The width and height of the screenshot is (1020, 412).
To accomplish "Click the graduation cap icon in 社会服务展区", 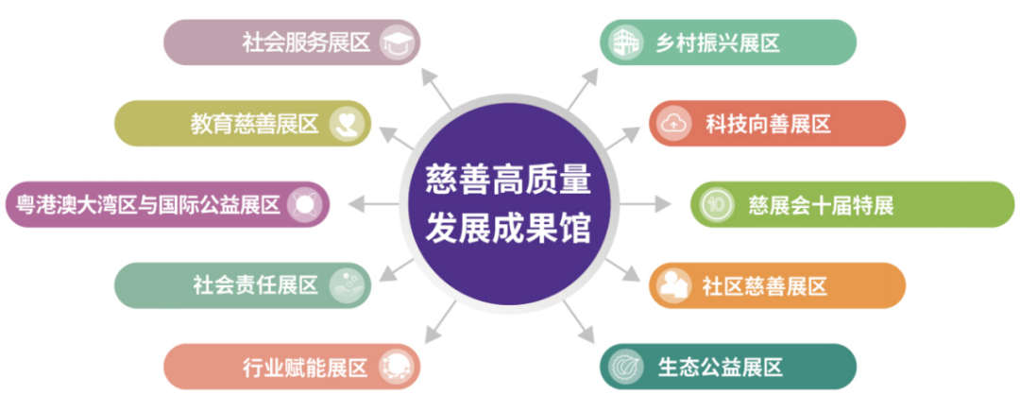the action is [395, 43].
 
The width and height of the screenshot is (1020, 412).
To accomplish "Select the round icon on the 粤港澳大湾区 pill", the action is [305, 203].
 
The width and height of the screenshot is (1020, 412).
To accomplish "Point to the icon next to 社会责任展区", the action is [346, 285].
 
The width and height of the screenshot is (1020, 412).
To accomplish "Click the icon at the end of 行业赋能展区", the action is [396, 367].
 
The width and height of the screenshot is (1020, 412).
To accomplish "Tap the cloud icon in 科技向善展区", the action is [674, 123].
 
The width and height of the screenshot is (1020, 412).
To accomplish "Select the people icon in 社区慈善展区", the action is [674, 285].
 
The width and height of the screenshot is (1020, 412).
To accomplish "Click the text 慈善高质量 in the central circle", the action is [508, 178].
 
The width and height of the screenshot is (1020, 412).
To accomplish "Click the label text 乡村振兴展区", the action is [719, 43].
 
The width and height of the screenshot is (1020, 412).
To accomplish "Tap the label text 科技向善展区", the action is [768, 124].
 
